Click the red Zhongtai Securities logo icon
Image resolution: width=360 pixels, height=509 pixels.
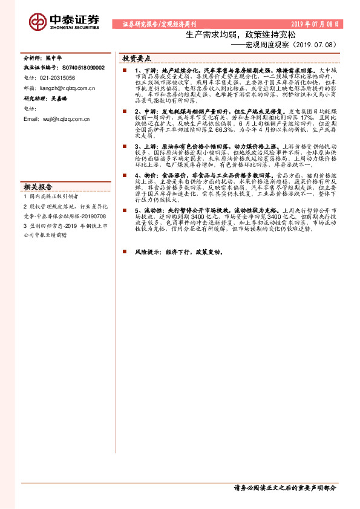click(x=38, y=22)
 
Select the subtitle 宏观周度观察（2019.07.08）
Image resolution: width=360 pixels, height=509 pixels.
click(x=283, y=45)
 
